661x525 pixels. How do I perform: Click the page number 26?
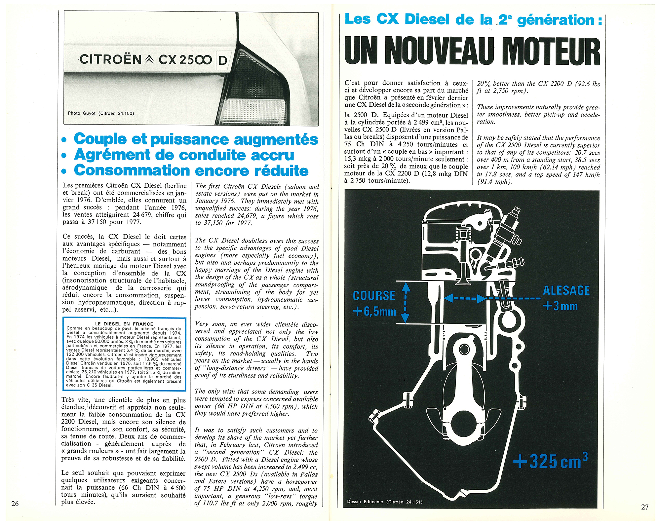pos(15,504)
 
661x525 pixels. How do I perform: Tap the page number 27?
pos(645,507)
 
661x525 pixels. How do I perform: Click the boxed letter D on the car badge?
pos(223,60)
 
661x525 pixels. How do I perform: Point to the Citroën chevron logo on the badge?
pos(150,59)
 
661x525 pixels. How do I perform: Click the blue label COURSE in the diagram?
pos(374,295)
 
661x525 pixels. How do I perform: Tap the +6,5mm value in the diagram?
pos(374,312)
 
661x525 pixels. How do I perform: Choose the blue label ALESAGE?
pos(566,290)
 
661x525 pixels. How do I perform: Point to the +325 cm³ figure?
pos(551,461)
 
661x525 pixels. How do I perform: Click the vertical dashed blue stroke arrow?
pos(406,302)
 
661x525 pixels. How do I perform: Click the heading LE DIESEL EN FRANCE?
pos(124,324)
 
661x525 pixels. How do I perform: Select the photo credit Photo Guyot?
pos(101,113)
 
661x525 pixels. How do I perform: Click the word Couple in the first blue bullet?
pos(100,139)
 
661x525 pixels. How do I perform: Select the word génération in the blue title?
pos(555,20)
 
